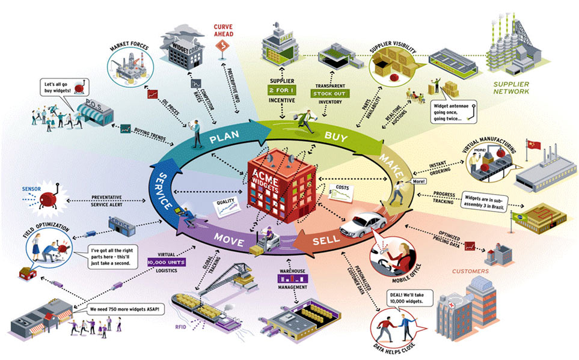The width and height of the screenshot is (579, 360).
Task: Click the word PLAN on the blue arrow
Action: click(x=224, y=139)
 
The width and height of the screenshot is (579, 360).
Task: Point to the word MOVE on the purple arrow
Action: click(x=230, y=243)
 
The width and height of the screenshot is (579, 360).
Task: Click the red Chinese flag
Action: click(x=533, y=146)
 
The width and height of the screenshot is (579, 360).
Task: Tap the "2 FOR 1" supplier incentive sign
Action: click(x=283, y=89)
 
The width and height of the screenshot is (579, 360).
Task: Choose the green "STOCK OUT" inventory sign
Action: click(x=327, y=94)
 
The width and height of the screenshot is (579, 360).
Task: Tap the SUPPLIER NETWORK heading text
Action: click(x=511, y=88)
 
